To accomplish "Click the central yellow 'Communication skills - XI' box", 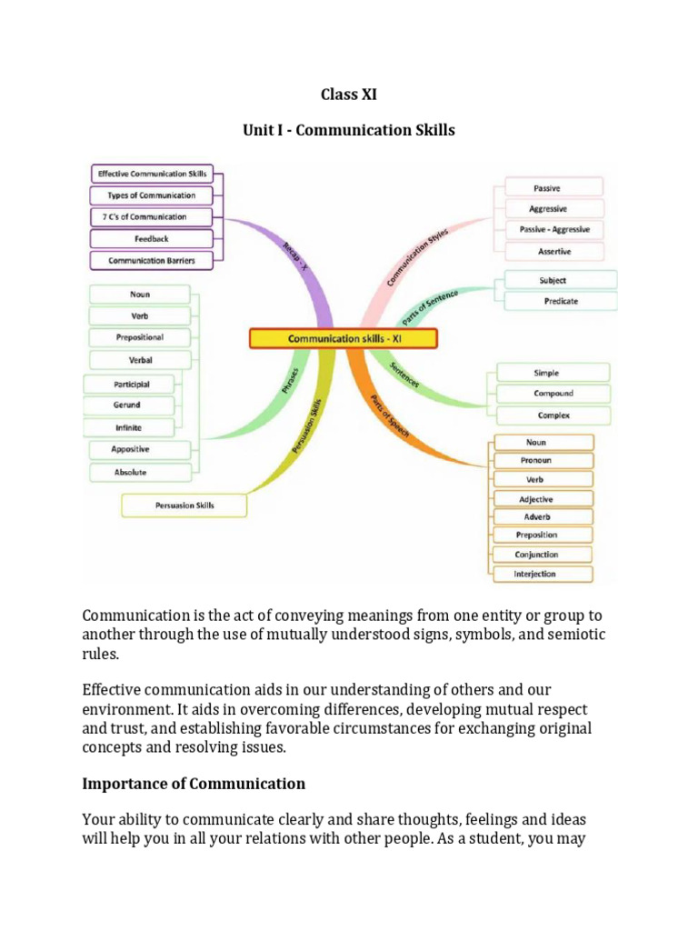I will point(343,339).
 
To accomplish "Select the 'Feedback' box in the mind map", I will point(151,239).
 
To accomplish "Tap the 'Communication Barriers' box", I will point(151,261).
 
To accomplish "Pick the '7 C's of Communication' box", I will point(151,217).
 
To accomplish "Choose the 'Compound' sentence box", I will point(553,394).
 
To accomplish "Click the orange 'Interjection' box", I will point(542,574).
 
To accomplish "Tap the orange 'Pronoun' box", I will point(542,461).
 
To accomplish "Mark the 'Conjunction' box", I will point(542,555).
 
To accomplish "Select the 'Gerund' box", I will point(126,405).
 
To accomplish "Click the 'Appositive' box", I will point(139,450).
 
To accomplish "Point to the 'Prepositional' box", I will point(139,337).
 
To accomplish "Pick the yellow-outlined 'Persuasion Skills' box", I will point(184,506).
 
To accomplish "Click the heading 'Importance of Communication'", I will point(194,784).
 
